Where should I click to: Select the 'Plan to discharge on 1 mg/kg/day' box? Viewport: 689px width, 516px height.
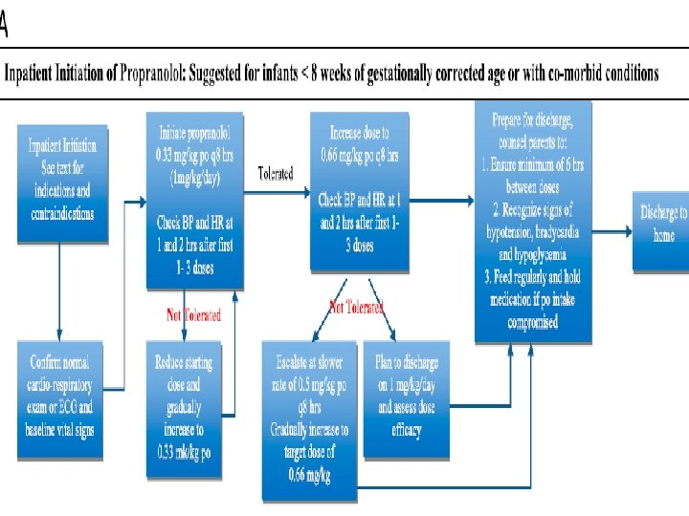point(406,393)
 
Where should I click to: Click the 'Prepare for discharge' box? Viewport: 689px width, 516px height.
point(533,221)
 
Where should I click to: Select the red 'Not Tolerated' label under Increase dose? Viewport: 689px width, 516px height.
point(355,307)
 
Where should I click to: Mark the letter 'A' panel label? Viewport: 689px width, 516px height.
point(5,27)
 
